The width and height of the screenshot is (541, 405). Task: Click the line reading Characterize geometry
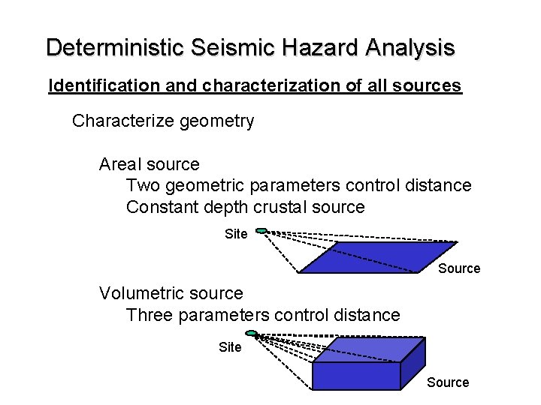(163, 121)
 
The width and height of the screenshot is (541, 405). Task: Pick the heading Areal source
(150, 164)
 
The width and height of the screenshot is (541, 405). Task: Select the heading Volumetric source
(171, 293)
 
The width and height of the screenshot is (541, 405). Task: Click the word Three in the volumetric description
(150, 315)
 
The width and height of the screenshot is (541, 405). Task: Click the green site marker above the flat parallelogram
(261, 230)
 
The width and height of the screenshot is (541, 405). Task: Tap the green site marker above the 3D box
(252, 334)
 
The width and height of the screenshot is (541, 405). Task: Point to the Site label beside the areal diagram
(236, 234)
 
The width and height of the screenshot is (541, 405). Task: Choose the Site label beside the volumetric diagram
(230, 347)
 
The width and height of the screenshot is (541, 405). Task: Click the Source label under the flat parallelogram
(459, 268)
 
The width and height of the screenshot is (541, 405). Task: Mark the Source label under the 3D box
(448, 382)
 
